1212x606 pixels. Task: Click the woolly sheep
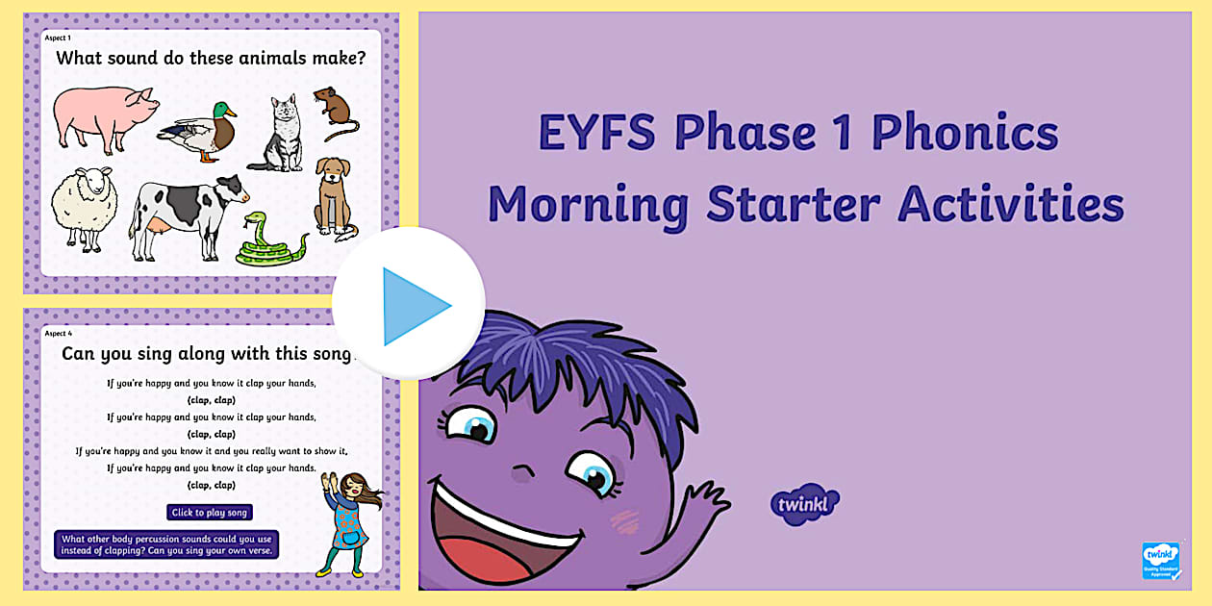[x=84, y=208]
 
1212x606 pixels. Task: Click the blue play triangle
[x=412, y=306]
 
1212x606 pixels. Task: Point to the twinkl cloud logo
[x=804, y=504]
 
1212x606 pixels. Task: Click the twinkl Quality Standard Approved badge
[x=1161, y=561]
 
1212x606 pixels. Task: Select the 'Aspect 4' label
[x=59, y=333]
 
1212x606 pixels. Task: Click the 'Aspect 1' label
[x=58, y=38]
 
